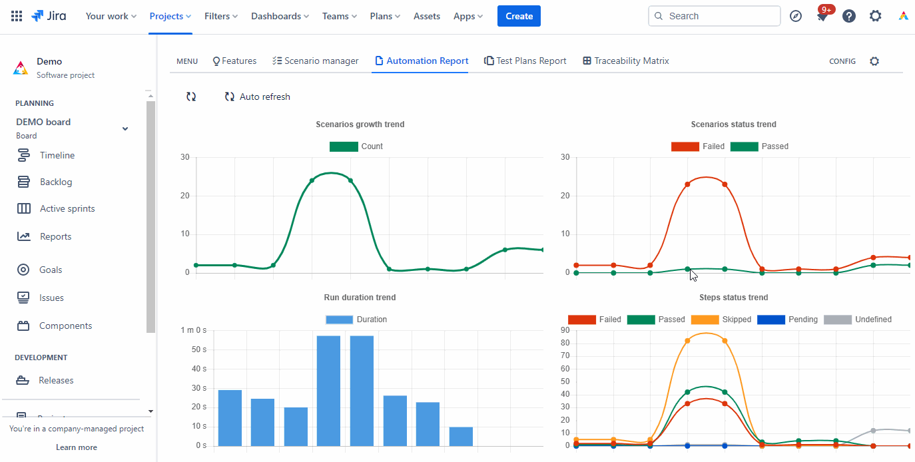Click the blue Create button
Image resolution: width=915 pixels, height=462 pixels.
tap(518, 16)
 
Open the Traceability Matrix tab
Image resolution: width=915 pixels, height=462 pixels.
tap(625, 61)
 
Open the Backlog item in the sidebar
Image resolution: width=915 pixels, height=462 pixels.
tap(55, 182)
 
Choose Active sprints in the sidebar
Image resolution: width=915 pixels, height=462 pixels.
tap(67, 208)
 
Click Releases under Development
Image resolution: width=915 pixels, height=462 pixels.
tap(56, 380)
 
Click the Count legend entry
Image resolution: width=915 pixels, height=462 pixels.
tap(356, 146)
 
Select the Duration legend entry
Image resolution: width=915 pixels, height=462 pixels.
tap(356, 320)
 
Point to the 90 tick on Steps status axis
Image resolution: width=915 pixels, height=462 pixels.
tap(564, 330)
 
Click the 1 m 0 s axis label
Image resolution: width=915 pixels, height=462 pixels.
tap(194, 330)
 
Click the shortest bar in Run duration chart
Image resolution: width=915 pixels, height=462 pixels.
tap(461, 436)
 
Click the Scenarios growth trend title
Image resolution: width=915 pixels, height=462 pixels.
tap(360, 124)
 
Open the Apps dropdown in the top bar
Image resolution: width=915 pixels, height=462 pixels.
tap(468, 16)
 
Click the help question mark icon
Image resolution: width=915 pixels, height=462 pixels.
tap(848, 16)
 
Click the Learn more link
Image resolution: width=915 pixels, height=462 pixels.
tap(77, 447)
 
